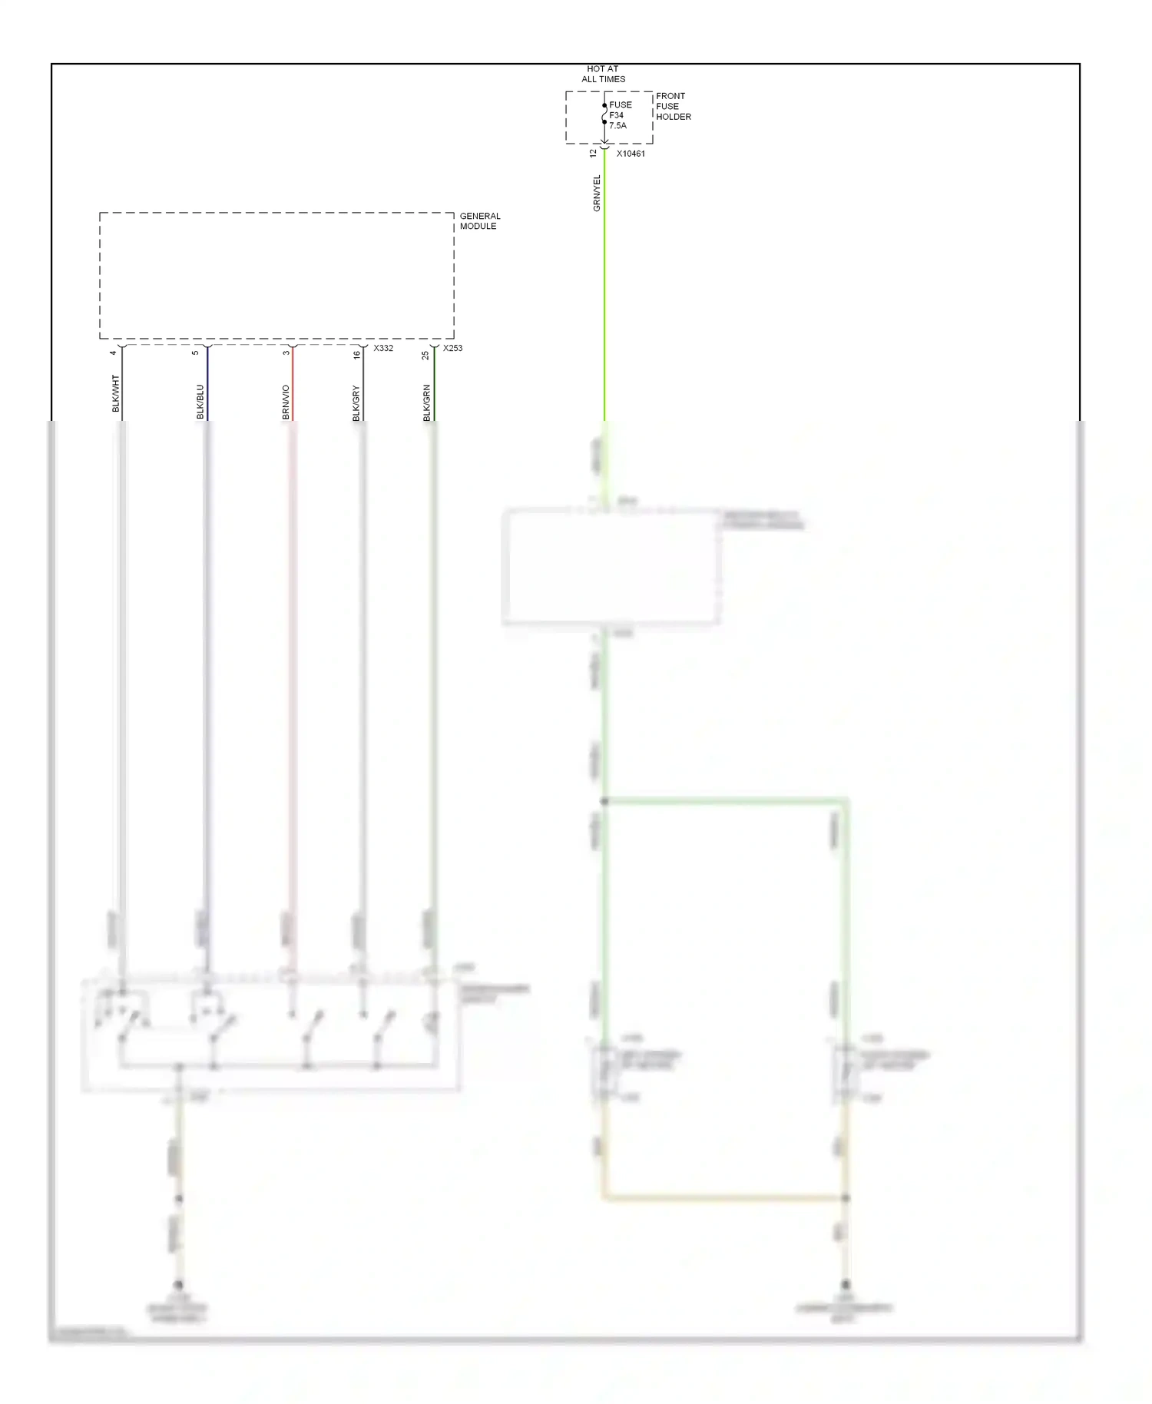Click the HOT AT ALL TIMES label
pyautogui.click(x=603, y=74)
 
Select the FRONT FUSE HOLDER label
pyautogui.click(x=673, y=107)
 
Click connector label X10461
pyautogui.click(x=631, y=154)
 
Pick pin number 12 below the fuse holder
pyautogui.click(x=593, y=153)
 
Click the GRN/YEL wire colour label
pyautogui.click(x=597, y=194)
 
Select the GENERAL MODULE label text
pyautogui.click(x=479, y=221)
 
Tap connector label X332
pyautogui.click(x=383, y=348)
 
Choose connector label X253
pyautogui.click(x=452, y=348)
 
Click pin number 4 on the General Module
pyautogui.click(x=113, y=353)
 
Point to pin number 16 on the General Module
pyautogui.click(x=356, y=354)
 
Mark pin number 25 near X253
pyautogui.click(x=425, y=355)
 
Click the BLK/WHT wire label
pyautogui.click(x=116, y=393)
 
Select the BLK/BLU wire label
pyautogui.click(x=200, y=402)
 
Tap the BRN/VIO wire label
pyautogui.click(x=286, y=402)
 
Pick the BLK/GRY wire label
pyautogui.click(x=356, y=403)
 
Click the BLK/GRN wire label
pyautogui.click(x=426, y=403)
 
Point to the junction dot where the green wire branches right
pyautogui.click(x=604, y=801)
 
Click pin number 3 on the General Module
pyautogui.click(x=286, y=353)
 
